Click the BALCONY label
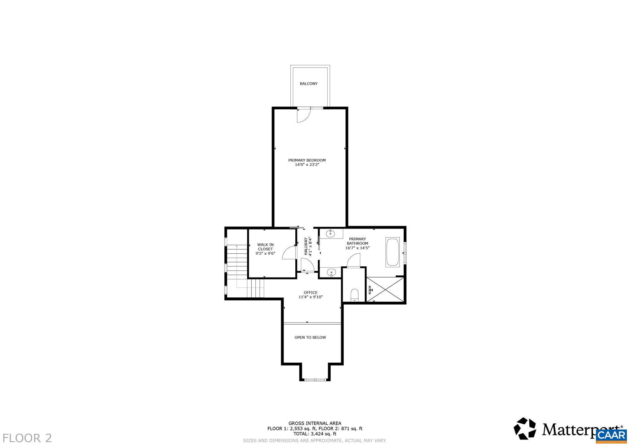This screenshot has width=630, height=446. [308, 84]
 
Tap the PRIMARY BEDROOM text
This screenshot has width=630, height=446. [307, 160]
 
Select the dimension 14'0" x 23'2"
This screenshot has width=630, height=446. [307, 165]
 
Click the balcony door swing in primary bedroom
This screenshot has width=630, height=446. [302, 116]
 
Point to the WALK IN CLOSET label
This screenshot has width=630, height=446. [265, 247]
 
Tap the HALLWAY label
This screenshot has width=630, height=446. [306, 247]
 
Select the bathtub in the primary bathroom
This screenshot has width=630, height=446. [392, 252]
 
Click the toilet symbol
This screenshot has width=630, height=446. [354, 295]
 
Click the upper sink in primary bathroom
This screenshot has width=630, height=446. [331, 233]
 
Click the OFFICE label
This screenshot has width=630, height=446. [311, 292]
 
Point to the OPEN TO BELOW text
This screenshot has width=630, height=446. [310, 337]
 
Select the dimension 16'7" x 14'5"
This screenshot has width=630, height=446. [357, 248]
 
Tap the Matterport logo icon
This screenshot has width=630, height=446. [525, 429]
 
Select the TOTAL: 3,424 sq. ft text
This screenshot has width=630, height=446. [315, 434]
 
